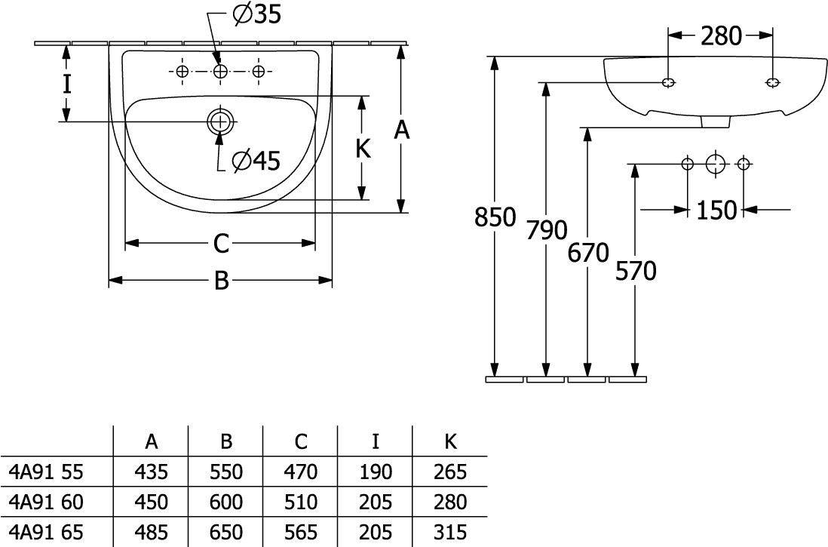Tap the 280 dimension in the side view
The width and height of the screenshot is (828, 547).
point(722,35)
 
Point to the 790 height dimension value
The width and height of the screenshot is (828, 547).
point(545,229)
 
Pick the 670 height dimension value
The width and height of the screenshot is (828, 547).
point(587,253)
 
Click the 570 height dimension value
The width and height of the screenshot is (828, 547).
point(636,269)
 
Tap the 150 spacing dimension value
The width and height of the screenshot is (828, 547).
point(716,210)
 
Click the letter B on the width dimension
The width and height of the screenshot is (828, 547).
point(221,281)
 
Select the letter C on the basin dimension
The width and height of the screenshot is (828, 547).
point(220,243)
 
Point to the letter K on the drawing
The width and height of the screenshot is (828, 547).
point(363,149)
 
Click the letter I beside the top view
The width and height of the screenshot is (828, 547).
point(67,83)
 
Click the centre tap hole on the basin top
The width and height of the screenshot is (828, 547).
point(220,72)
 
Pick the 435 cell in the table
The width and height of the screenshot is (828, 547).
point(151,472)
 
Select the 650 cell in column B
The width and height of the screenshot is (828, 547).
point(226,531)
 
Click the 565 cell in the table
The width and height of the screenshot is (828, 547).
point(301,531)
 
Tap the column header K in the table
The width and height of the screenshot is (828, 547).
point(450,441)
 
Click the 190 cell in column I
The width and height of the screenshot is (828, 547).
point(376,472)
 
